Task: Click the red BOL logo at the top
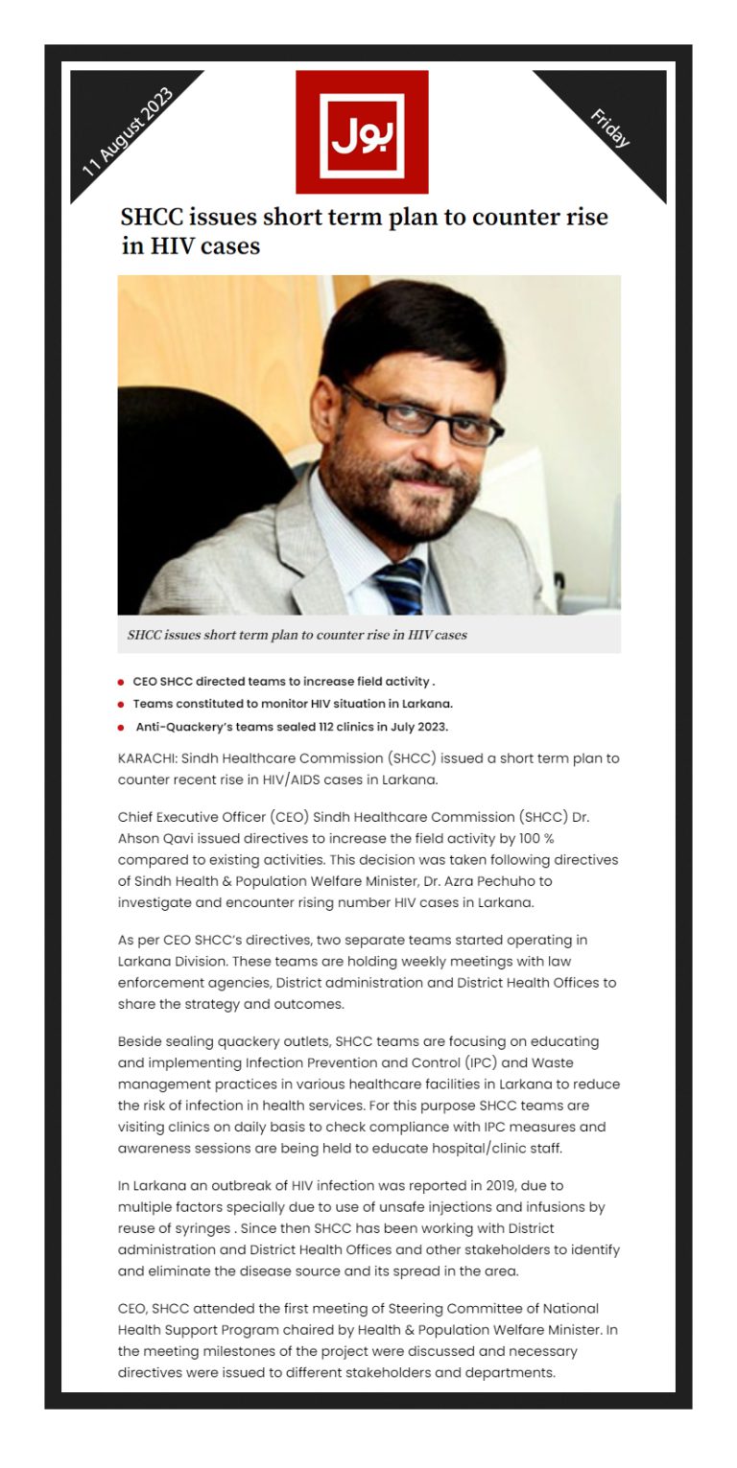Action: [x=362, y=131]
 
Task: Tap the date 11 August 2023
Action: [x=128, y=131]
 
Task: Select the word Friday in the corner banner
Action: [x=609, y=128]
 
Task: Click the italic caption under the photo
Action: [x=297, y=635]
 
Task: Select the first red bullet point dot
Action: [x=121, y=683]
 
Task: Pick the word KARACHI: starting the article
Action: [x=148, y=758]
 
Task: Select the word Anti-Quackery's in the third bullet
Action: [x=183, y=726]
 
